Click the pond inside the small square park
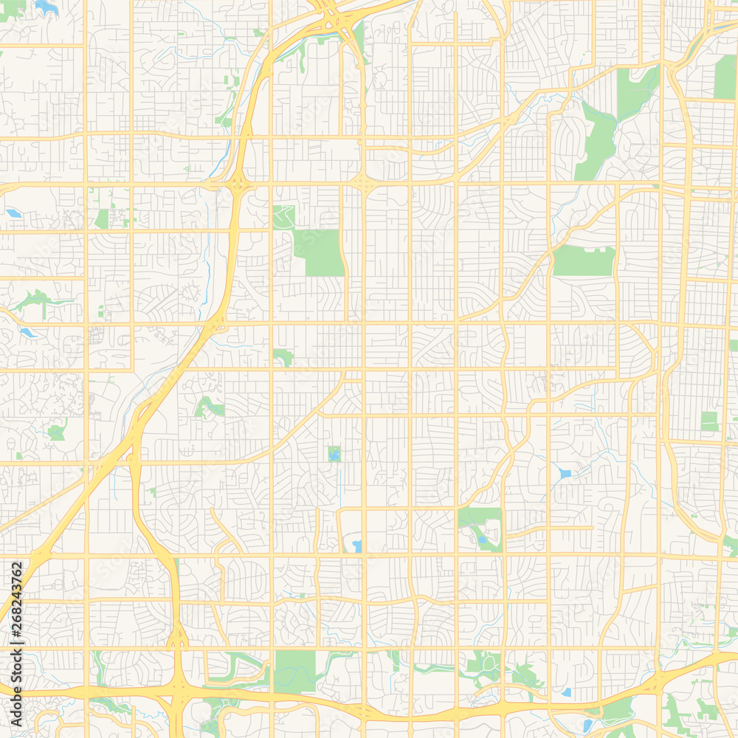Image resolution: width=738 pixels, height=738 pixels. [x=334, y=455]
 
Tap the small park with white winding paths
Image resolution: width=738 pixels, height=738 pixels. [x=283, y=217]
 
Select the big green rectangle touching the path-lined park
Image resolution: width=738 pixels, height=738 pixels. [x=319, y=252]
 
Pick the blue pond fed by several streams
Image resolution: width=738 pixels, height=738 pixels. [x=565, y=473]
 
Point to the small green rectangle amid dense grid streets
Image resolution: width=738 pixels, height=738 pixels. [x=709, y=421]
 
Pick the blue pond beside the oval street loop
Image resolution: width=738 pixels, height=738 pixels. [x=357, y=546]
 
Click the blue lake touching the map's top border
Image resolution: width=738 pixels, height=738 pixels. [x=46, y=7]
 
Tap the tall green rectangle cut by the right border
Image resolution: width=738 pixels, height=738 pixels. [x=725, y=77]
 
